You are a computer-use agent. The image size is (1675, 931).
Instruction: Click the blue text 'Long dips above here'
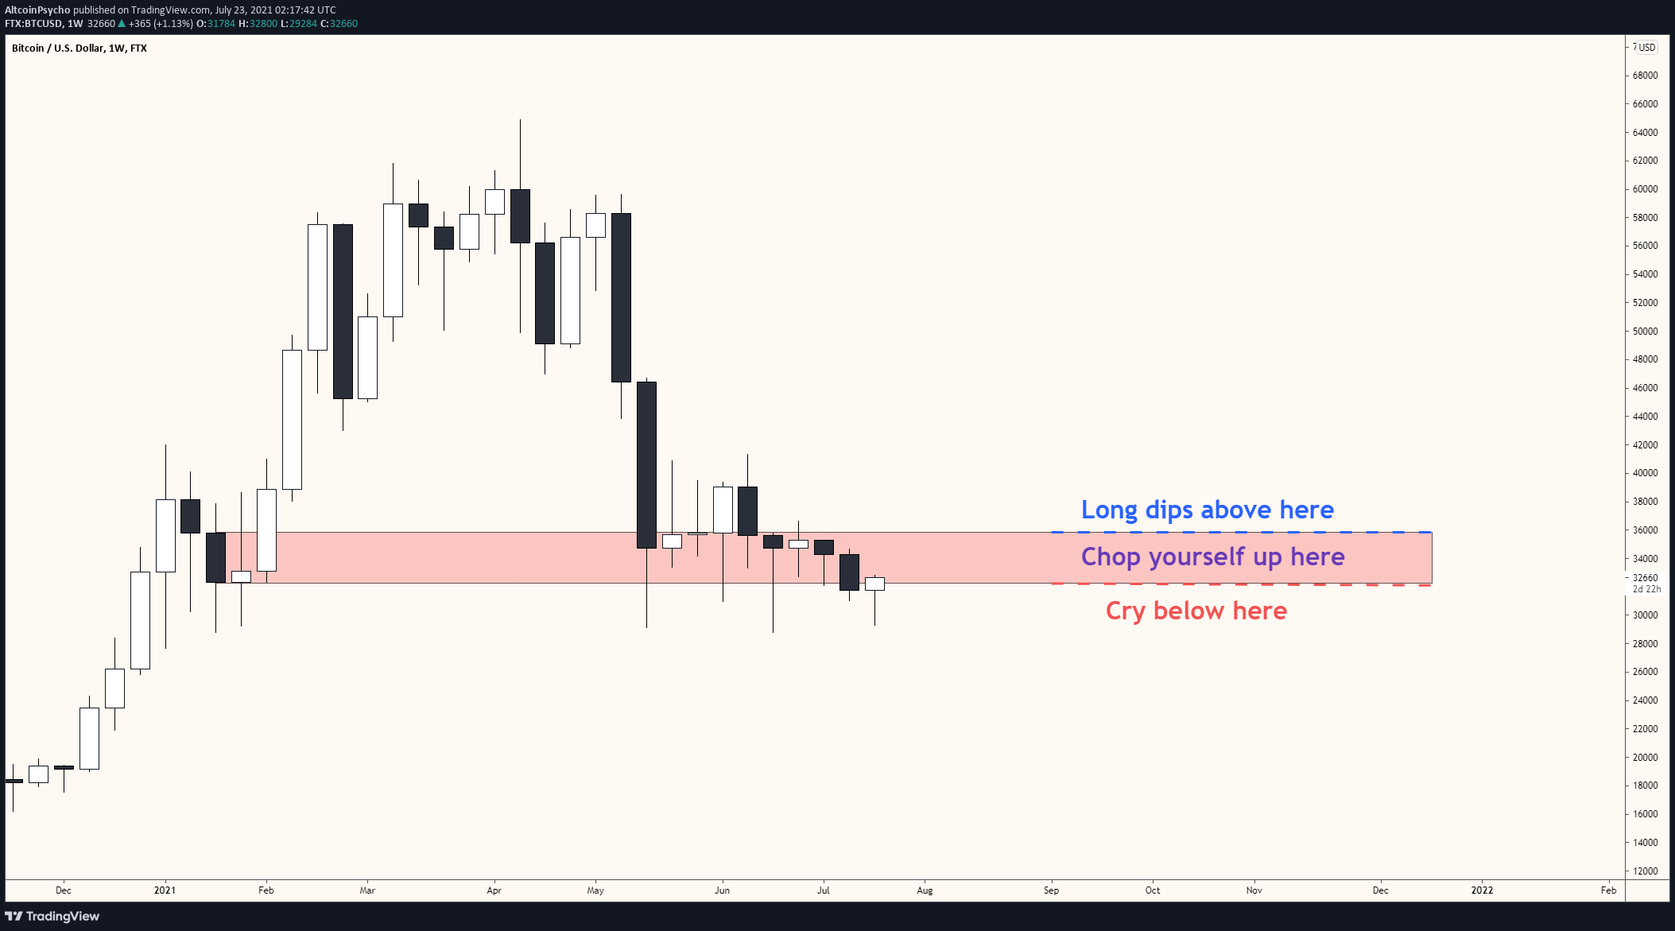1207,510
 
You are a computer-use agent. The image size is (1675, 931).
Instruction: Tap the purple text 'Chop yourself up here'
1212,557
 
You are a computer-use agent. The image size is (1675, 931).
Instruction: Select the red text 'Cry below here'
1196,611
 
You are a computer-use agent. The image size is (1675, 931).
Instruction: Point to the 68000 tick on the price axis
1645,76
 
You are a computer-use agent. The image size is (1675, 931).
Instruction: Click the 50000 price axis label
1645,331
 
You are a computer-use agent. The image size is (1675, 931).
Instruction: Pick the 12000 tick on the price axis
1645,871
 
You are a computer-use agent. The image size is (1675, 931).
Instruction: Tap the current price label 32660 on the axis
1645,578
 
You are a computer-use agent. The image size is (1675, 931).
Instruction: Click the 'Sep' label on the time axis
1051,890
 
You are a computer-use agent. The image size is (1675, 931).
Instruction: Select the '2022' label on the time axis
1482,890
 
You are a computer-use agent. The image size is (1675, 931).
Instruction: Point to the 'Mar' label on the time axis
367,890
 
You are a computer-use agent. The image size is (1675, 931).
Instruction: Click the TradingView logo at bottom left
52,916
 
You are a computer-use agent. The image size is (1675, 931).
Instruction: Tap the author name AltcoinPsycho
37,10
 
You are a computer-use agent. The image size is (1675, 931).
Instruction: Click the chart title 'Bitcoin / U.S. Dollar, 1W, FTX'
79,48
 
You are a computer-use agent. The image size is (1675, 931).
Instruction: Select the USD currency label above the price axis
1645,48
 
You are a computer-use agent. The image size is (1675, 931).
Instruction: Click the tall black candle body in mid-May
646,465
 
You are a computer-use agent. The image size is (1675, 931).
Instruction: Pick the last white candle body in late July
874,584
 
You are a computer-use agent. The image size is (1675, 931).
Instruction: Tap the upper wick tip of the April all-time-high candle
520,121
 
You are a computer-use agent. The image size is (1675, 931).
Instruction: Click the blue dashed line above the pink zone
1240,532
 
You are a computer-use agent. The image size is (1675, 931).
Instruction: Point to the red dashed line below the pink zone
1240,584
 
